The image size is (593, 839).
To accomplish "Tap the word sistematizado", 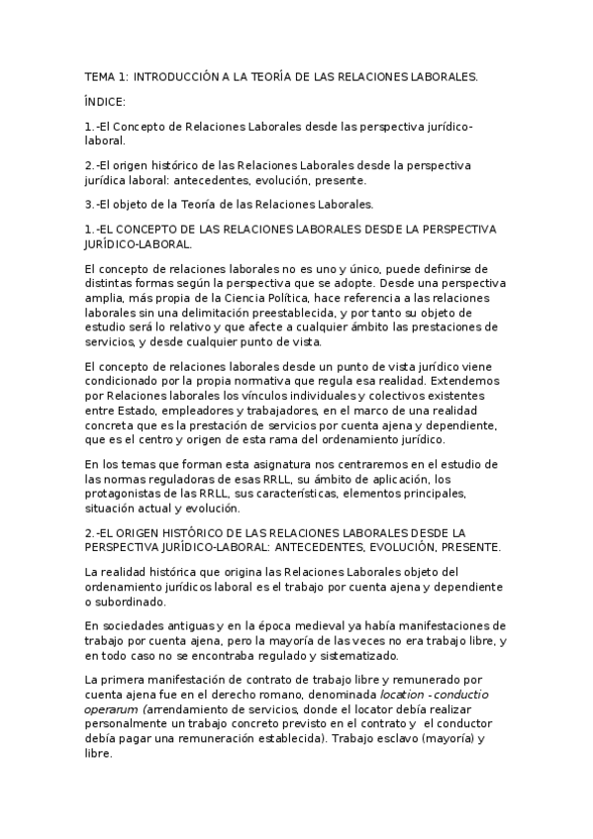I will pos(347,656).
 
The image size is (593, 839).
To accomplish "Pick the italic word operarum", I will pos(113,710).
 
